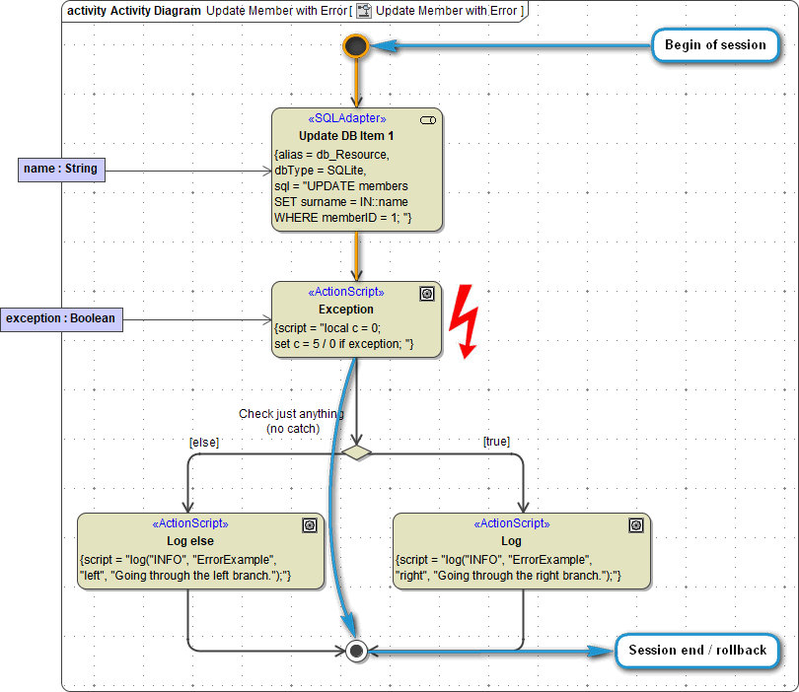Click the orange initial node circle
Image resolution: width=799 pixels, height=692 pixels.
pos(356,45)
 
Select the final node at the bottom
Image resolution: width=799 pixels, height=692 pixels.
pos(357,651)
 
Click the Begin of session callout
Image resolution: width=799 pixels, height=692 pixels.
pos(715,45)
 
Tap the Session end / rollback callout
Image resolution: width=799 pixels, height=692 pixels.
pos(697,651)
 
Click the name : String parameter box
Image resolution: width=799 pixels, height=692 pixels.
pos(60,170)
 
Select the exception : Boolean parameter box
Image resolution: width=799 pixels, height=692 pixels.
pos(61,318)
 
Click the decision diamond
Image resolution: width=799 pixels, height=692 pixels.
pos(357,452)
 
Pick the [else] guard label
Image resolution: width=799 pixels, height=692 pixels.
pos(204,442)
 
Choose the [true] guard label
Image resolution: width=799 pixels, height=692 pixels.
pos(496,442)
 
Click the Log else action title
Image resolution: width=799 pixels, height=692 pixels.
pos(190,541)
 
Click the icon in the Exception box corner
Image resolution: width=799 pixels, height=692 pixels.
pos(426,294)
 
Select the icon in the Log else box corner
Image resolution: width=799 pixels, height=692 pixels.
pos(309,525)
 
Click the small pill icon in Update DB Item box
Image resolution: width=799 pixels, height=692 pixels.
pos(427,119)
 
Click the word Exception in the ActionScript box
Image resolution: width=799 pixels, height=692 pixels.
pos(345,310)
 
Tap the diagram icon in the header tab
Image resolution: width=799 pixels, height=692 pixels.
pos(364,11)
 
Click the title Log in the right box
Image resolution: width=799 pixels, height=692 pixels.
pos(511,541)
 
